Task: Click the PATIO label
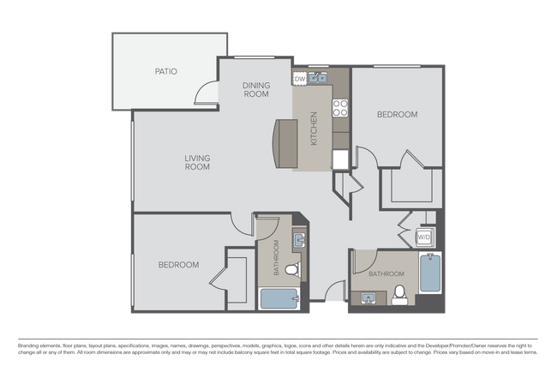[x=166, y=71]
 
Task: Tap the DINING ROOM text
[x=256, y=89]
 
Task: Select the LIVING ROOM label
[x=198, y=162]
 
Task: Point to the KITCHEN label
[x=314, y=128]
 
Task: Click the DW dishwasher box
[x=300, y=79]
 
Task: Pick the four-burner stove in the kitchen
[x=339, y=108]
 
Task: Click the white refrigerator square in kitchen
[x=340, y=159]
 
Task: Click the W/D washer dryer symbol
[x=424, y=237]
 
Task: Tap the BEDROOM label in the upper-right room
[x=398, y=114]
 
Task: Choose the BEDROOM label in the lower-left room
[x=178, y=265]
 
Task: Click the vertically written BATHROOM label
[x=276, y=257]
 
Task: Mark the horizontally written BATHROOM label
[x=386, y=273]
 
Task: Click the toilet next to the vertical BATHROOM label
[x=291, y=271]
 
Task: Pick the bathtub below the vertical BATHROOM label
[x=278, y=298]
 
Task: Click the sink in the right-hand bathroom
[x=370, y=298]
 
